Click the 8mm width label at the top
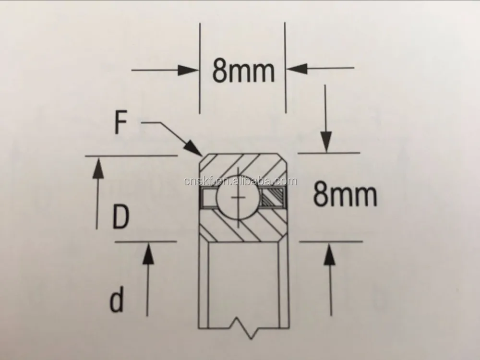243,72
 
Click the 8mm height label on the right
345,195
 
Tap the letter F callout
120,123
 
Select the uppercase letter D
121,217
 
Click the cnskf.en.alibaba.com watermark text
240,181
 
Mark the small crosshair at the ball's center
238,198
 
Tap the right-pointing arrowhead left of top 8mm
188,70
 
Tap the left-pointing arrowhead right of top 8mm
297,68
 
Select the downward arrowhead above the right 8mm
326,141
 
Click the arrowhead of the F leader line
192,148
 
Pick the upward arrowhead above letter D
98,168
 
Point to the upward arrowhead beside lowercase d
148,253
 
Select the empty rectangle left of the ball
208,198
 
